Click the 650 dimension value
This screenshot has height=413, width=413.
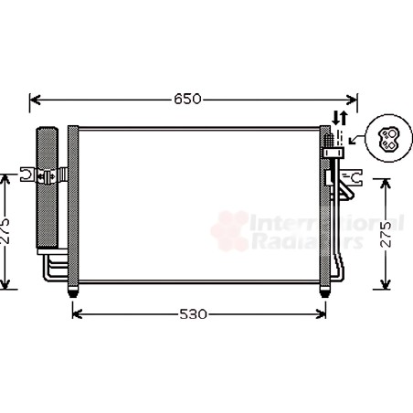point(187,99)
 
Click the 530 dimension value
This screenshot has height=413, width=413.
point(193,314)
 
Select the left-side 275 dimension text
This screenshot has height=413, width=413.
point(5,231)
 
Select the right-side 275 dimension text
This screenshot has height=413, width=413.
point(386,234)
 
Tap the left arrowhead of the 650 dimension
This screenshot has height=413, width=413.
point(36,100)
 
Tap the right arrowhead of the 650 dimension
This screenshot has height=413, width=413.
point(352,100)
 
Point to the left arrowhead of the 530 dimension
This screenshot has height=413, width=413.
point(78,314)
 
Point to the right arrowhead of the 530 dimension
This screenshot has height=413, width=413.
point(321,314)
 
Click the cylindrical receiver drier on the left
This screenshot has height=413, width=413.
point(47,187)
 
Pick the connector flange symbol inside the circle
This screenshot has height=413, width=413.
point(388,139)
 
